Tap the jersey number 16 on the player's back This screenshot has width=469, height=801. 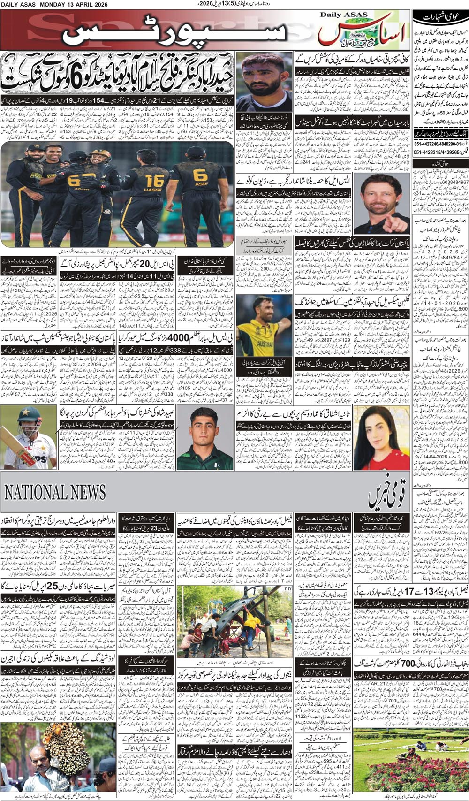(154, 181)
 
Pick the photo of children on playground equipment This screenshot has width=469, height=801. (234, 628)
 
